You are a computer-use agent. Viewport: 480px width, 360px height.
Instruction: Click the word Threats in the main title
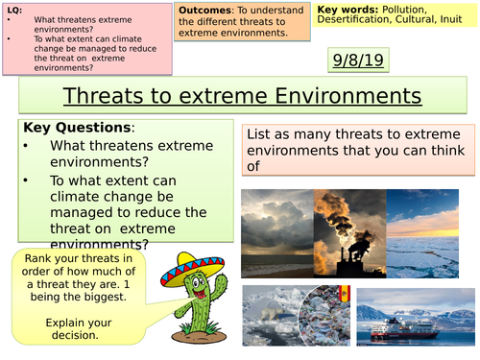click(101, 96)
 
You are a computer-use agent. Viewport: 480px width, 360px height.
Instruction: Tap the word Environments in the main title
click(348, 96)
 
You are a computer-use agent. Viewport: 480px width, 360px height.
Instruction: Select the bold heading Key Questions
click(64, 127)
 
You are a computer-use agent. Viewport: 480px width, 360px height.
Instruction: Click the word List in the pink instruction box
click(259, 135)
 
